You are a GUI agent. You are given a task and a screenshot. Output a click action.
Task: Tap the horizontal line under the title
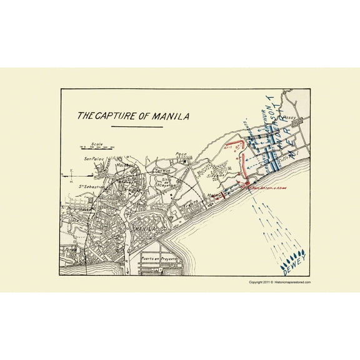click(x=136, y=127)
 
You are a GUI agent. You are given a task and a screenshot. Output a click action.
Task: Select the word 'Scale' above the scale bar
click(x=95, y=142)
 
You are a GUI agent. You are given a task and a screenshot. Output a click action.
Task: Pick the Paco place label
click(x=181, y=154)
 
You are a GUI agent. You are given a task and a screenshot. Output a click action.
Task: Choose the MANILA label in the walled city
click(x=144, y=229)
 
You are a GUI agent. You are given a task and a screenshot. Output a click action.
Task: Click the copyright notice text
click(x=279, y=282)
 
